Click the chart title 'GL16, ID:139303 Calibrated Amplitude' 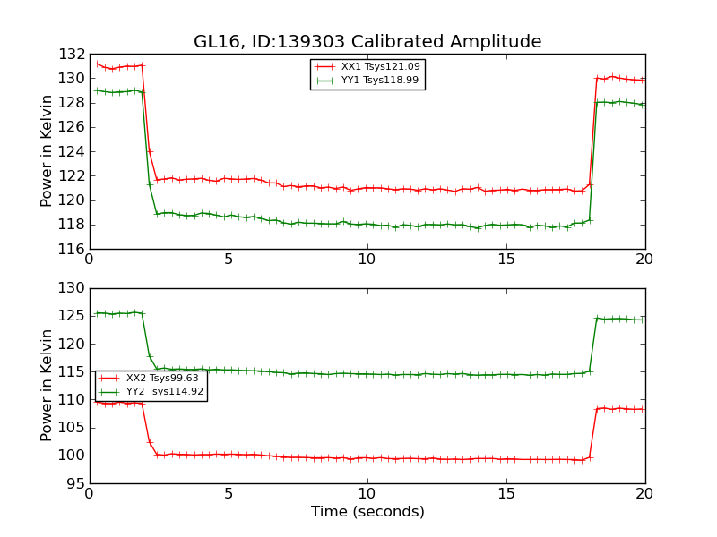(367, 42)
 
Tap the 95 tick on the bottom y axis (75, 483)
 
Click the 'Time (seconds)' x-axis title (367, 512)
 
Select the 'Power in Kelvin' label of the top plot (48, 151)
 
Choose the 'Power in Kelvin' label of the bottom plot (48, 386)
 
